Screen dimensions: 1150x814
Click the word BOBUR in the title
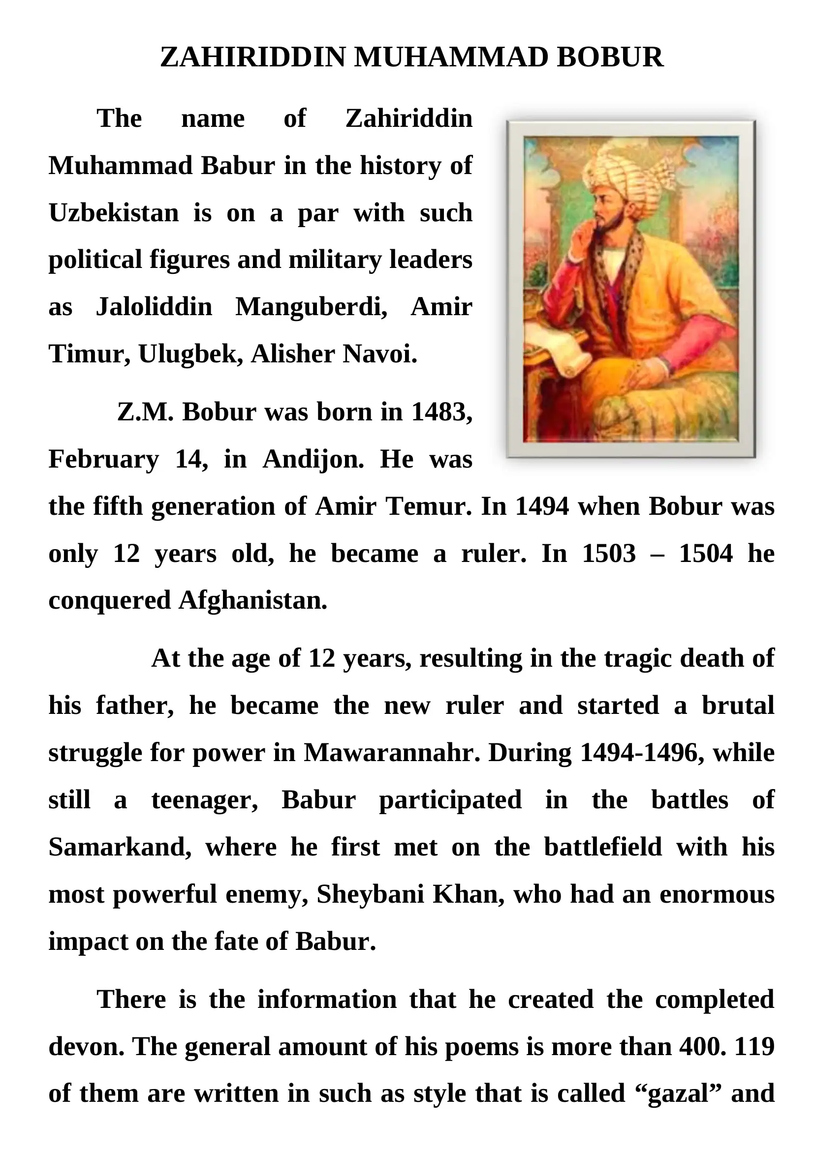coord(609,58)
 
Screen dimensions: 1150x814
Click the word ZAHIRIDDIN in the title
coord(252,58)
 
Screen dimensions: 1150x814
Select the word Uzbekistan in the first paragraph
coord(114,213)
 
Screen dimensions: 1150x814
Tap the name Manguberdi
coord(311,306)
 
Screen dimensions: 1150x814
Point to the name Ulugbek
coord(190,354)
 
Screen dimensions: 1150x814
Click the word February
coord(103,459)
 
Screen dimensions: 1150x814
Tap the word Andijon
coord(313,459)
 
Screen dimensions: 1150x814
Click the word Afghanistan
coord(252,600)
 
